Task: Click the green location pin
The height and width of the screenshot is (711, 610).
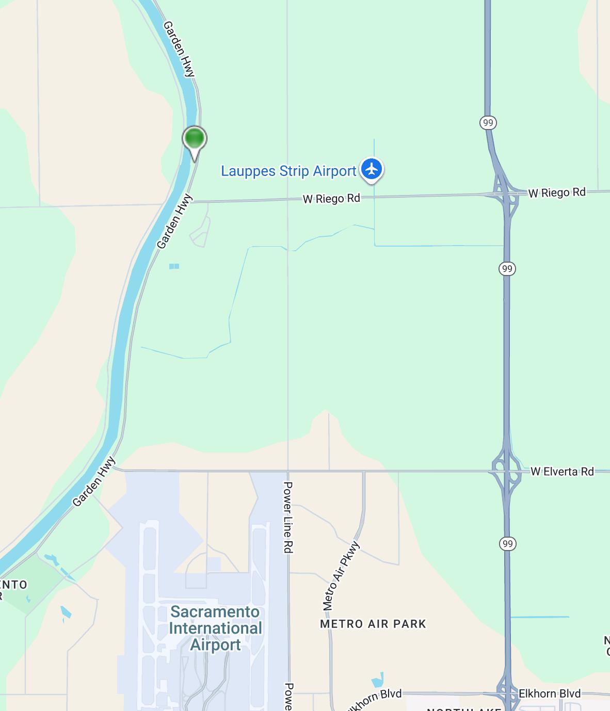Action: (x=195, y=139)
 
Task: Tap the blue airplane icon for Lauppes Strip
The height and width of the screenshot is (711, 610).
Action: (x=371, y=169)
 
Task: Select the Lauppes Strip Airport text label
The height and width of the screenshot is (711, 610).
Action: (x=288, y=171)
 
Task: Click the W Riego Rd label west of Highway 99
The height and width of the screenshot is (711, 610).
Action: (x=331, y=198)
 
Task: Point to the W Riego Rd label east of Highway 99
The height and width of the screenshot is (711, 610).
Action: (x=557, y=192)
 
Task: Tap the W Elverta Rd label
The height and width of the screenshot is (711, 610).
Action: (x=562, y=471)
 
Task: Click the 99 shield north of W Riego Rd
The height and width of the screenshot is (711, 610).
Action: (x=488, y=123)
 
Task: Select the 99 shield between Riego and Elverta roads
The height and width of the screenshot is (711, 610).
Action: (x=507, y=268)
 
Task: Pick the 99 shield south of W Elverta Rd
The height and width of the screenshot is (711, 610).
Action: (x=508, y=543)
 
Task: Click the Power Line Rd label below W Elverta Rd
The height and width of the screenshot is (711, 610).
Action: (x=288, y=518)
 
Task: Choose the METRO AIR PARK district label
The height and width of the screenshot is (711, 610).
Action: (x=373, y=624)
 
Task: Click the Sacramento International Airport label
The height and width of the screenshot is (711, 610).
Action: (x=216, y=628)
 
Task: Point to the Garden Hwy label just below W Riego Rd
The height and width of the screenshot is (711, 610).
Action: (x=174, y=222)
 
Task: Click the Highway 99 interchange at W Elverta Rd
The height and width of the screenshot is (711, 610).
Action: (x=506, y=471)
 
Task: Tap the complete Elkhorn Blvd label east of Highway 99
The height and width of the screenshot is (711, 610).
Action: (x=550, y=693)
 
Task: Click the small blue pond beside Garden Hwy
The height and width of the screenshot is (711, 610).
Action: (x=174, y=266)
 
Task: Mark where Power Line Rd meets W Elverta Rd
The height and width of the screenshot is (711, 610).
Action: (x=288, y=471)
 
